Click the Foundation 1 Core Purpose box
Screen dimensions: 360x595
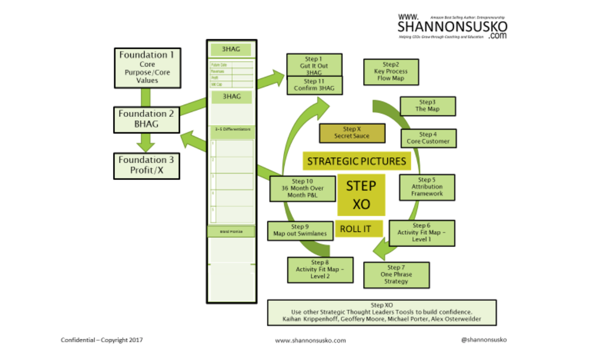147,68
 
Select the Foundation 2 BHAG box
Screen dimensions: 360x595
146,119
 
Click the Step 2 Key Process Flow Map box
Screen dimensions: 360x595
391,72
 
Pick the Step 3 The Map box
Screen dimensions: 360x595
427,106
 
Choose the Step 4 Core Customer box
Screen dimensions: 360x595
428,138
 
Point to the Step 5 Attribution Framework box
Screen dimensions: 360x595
427,187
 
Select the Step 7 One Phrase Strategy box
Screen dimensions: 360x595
396,275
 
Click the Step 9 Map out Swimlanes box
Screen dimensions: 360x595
300,231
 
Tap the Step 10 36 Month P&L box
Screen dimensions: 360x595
302,188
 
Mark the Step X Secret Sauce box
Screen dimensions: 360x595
351,133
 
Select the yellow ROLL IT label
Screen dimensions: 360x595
359,229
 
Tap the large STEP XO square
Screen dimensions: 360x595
361,195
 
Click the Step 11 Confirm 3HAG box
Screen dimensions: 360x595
314,85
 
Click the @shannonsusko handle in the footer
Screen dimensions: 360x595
483,339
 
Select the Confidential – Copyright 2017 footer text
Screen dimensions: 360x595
102,340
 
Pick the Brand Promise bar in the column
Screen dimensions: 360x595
231,231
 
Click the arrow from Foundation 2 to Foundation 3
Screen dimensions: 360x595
146,142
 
